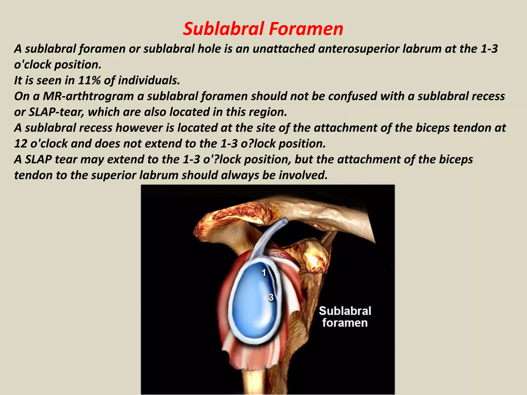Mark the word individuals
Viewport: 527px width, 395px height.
pos(150,80)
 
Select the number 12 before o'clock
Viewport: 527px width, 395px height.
pos(21,143)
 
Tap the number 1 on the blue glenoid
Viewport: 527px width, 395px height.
pos(264,273)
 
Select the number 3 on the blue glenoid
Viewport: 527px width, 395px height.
pos(271,297)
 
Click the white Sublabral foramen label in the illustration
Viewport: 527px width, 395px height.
pos(345,317)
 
